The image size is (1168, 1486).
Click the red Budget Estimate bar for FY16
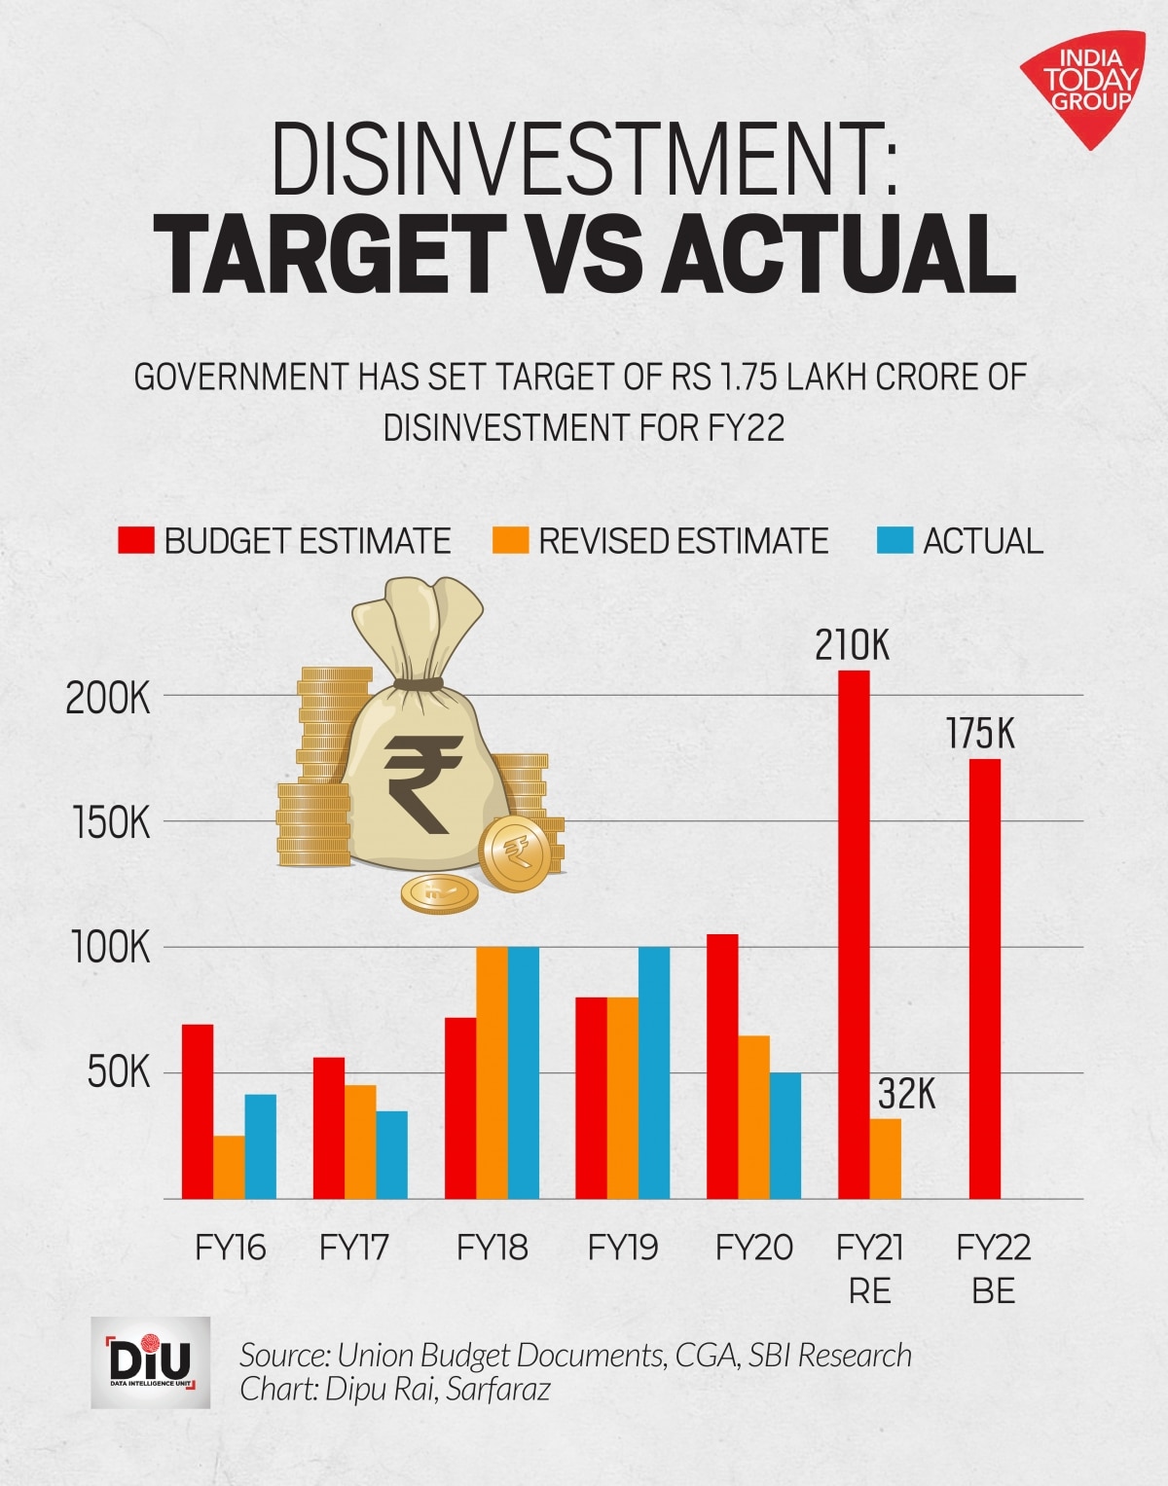(x=198, y=1111)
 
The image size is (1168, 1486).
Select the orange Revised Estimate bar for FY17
(x=360, y=1142)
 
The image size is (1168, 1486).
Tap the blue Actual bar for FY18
(x=524, y=1072)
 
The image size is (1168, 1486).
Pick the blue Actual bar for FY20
(x=785, y=1136)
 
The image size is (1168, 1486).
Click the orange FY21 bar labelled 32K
(x=885, y=1159)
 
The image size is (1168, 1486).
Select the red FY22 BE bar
(x=984, y=979)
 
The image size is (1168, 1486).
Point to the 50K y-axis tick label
(x=118, y=1074)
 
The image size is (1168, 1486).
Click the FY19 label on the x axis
(x=623, y=1248)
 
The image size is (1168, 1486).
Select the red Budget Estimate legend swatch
(x=136, y=541)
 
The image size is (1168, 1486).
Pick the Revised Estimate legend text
(x=683, y=541)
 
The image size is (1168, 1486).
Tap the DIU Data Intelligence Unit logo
(x=150, y=1362)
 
